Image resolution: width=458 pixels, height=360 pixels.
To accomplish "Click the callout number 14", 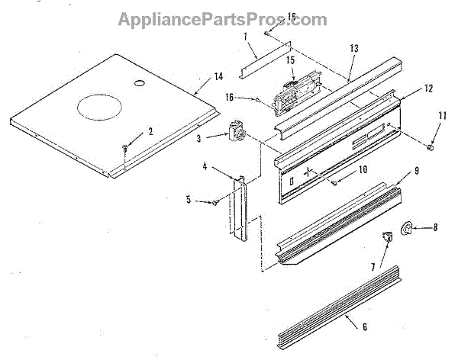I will pyautogui.click(x=218, y=77).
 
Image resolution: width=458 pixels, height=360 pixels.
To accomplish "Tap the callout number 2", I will pyautogui.click(x=150, y=131).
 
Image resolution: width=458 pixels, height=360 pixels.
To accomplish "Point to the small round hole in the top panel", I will pyautogui.click(x=140, y=82).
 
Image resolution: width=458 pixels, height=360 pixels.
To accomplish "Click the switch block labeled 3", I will pyautogui.click(x=235, y=131).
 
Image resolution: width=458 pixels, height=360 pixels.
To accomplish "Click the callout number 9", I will pyautogui.click(x=417, y=172).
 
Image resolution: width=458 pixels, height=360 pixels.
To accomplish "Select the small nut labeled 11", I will pyautogui.click(x=431, y=146).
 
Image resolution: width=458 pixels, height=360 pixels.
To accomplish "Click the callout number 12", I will pyautogui.click(x=428, y=88).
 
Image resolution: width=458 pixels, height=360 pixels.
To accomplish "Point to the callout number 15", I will pyautogui.click(x=290, y=59).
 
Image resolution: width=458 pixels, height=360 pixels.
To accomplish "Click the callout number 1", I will pyautogui.click(x=244, y=36).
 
